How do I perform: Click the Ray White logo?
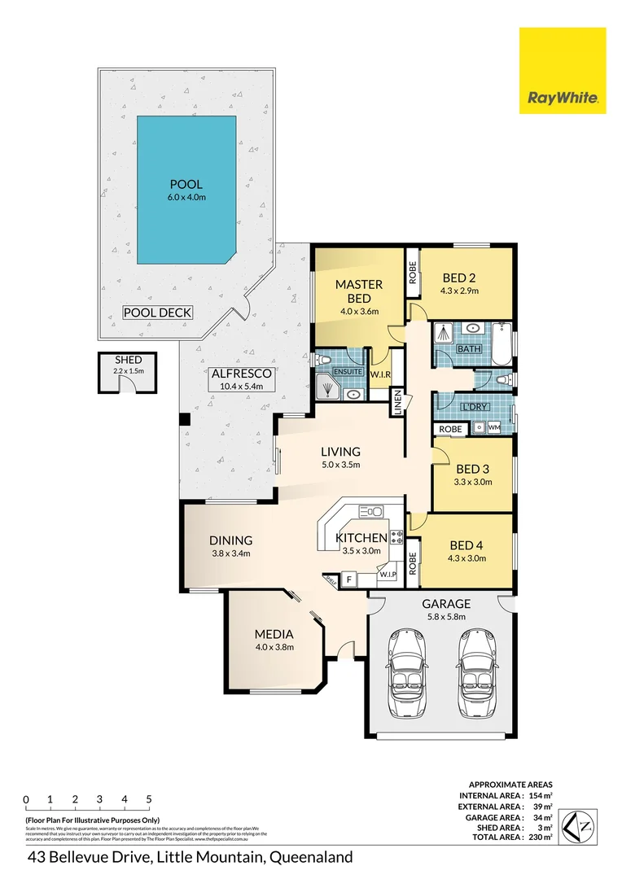(x=563, y=71)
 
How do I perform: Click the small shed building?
(x=127, y=371)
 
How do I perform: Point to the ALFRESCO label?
(x=236, y=374)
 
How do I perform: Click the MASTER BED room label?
(x=359, y=291)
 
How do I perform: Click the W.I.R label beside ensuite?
(x=382, y=375)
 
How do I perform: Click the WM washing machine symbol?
(x=494, y=426)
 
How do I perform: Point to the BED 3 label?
(x=471, y=469)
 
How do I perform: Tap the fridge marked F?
(x=349, y=579)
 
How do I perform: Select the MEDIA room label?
(x=274, y=634)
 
